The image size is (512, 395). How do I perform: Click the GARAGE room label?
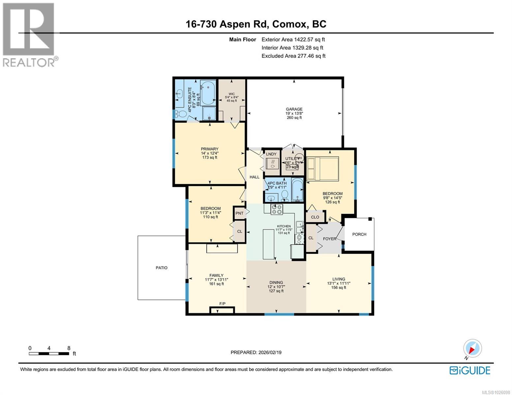point(294,109)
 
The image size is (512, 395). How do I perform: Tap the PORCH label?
point(359,234)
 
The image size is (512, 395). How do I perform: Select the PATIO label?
point(162,268)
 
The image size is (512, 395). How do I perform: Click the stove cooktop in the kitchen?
point(277,209)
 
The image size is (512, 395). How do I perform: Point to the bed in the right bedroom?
point(322,169)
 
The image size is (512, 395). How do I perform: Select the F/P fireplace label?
point(222,303)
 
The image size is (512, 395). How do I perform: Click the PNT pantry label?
point(239,213)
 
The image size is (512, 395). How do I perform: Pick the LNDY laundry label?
point(271,154)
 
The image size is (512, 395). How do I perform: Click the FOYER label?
point(329,239)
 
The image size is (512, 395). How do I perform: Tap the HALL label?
point(255,177)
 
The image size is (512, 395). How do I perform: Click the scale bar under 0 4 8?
point(49,354)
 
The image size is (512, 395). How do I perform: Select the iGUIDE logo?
point(470,370)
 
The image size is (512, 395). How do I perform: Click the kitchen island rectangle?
point(268,244)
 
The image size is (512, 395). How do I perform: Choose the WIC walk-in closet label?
point(231,94)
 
